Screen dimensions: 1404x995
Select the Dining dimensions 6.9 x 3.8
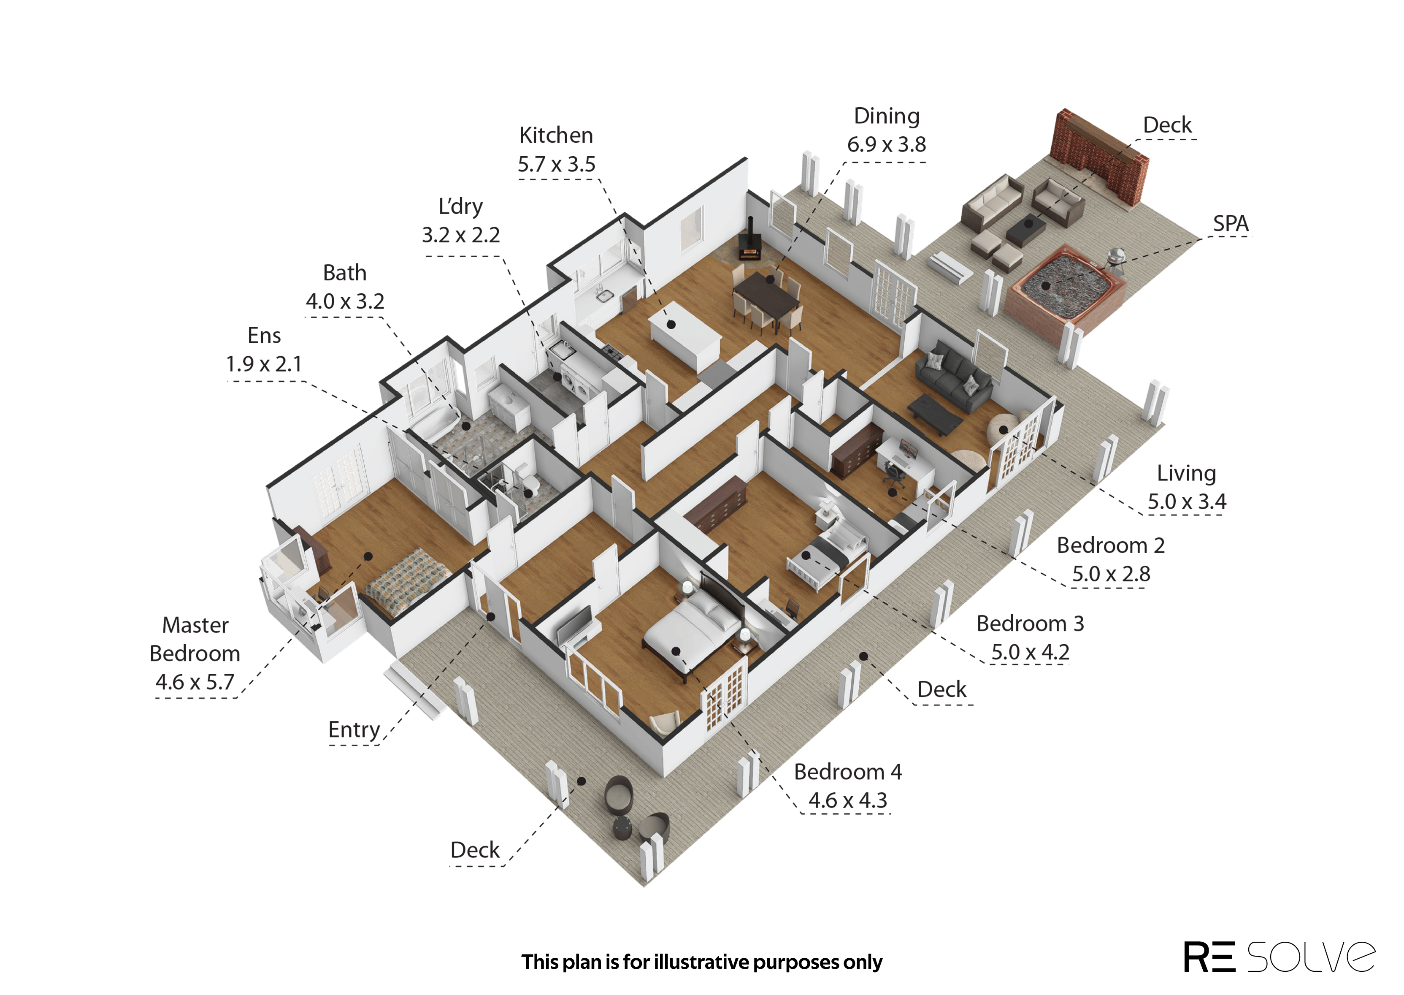(886, 145)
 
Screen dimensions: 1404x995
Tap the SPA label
(1231, 224)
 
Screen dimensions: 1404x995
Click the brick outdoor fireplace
(1099, 156)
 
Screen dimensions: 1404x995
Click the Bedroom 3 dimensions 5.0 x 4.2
(1030, 652)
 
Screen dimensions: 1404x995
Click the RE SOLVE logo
(1279, 957)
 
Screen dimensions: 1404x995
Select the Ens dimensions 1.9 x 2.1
(264, 364)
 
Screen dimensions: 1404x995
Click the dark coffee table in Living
(934, 414)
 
